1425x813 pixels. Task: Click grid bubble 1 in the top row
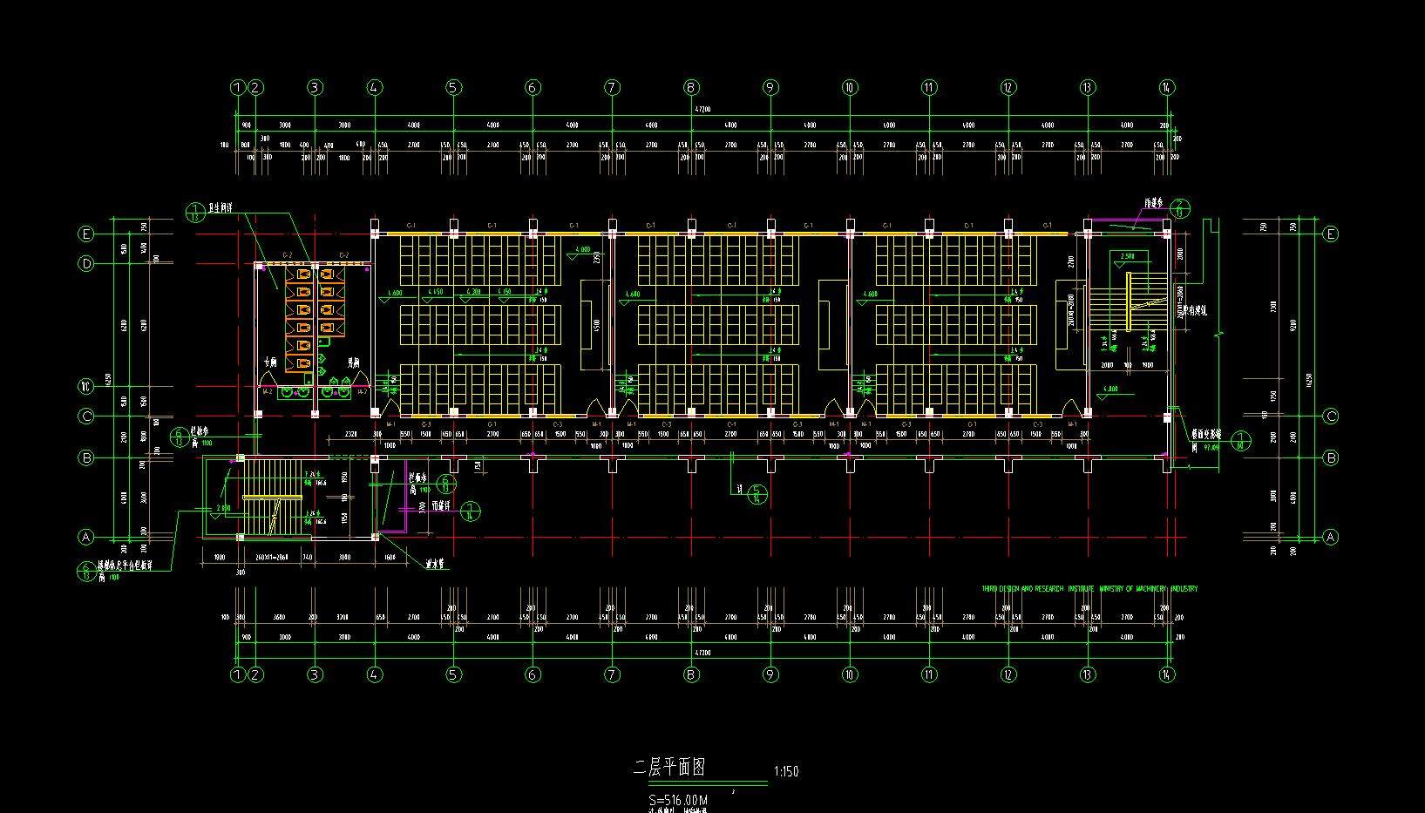point(238,87)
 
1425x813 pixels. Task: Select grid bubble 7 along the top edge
point(612,87)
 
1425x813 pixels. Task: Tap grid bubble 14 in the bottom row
point(1167,674)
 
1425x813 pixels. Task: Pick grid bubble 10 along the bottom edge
point(850,674)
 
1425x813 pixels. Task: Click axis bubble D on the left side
point(85,263)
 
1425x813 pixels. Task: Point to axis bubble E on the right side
point(1330,234)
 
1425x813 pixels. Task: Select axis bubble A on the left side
point(85,537)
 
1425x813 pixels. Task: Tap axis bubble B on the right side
point(1330,457)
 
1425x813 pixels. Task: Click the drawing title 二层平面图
point(668,768)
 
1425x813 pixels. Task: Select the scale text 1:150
point(785,771)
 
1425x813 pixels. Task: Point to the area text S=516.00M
point(678,800)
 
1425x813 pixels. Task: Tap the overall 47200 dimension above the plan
point(702,110)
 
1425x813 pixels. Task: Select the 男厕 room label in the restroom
point(354,362)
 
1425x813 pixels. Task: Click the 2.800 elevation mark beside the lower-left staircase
point(223,507)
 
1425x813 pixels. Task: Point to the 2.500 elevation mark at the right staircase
point(1127,256)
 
